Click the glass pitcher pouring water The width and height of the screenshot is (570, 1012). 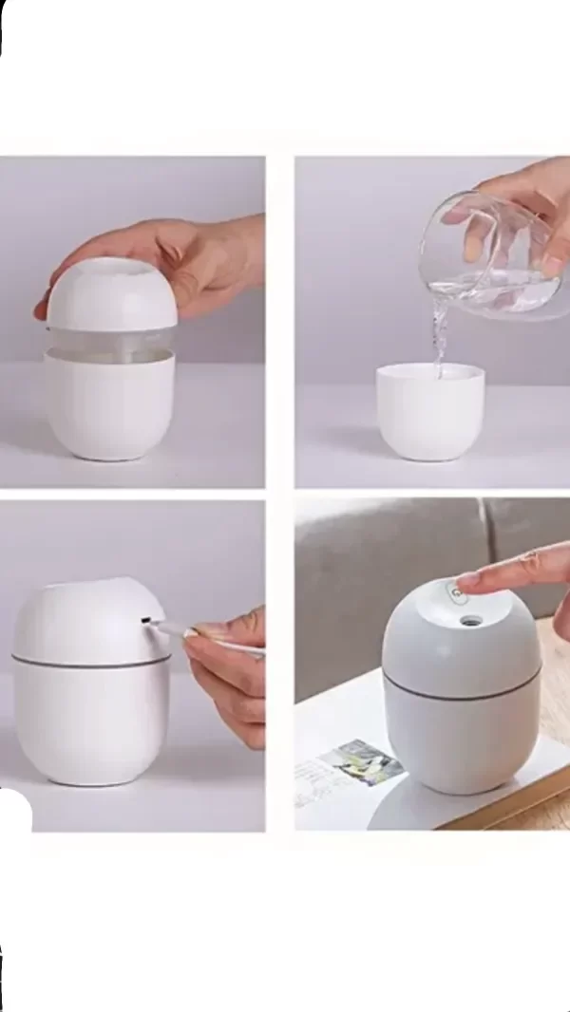(x=484, y=256)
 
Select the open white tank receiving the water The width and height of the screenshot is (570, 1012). (x=429, y=413)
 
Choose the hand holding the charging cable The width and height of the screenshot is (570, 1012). (x=228, y=674)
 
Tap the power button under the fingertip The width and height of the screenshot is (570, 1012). (x=457, y=592)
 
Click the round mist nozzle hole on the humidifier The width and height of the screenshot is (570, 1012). (x=469, y=622)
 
